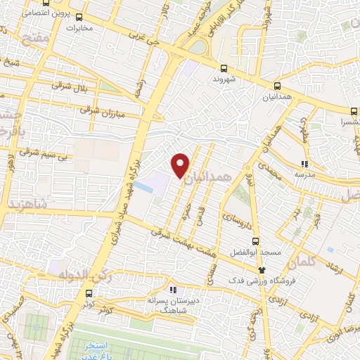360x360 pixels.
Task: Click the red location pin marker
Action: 181,165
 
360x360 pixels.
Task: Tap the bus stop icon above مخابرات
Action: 78,17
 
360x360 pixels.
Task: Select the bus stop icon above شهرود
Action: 224,68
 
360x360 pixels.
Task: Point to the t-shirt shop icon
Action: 262,269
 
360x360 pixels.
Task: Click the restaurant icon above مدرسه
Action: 304,164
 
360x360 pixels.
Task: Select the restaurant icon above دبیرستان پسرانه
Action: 172,289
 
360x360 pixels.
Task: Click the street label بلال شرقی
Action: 67,85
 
